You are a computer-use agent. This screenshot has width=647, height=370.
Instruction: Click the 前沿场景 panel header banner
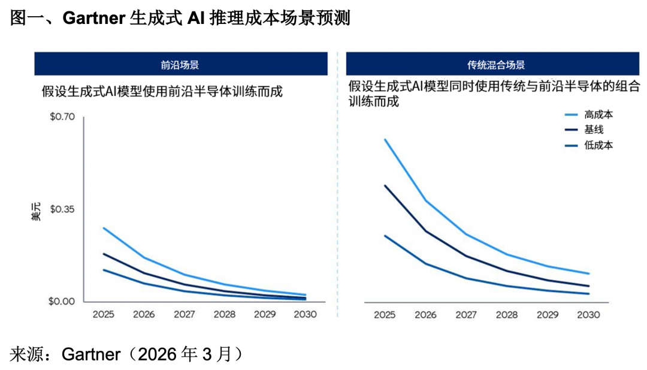click(x=180, y=64)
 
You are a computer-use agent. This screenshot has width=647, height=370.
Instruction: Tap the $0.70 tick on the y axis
click(x=62, y=116)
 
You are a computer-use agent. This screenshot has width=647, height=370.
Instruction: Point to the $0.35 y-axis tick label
click(x=62, y=209)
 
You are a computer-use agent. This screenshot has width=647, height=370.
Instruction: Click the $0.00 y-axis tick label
click(x=62, y=302)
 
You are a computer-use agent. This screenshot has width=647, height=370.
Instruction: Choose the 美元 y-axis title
click(x=37, y=212)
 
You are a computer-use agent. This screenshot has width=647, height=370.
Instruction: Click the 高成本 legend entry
click(x=598, y=114)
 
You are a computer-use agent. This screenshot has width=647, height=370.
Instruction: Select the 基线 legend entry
click(x=593, y=130)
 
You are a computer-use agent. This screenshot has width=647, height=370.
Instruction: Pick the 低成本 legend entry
click(x=598, y=145)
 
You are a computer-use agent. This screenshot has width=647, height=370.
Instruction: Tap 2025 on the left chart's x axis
click(x=103, y=315)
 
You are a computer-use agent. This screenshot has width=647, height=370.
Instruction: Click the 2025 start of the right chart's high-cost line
click(x=385, y=139)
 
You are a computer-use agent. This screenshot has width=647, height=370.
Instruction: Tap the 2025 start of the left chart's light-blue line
click(x=104, y=228)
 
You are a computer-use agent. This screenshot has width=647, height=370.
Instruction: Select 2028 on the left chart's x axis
click(x=225, y=315)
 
